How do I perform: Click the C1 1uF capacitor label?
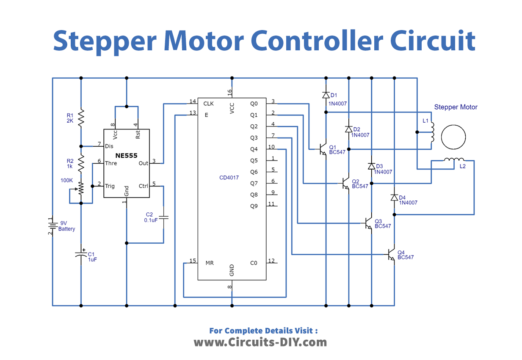click(91, 256)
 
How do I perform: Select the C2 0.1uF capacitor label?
click(149, 216)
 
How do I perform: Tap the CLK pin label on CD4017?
click(208, 103)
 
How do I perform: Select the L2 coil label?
click(462, 166)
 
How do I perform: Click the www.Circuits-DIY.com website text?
click(261, 341)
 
